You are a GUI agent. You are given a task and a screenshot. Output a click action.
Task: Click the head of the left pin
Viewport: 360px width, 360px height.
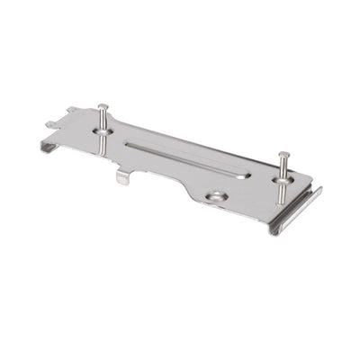pos(103,106)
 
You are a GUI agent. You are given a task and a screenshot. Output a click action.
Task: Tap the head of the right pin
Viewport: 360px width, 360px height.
pos(283,155)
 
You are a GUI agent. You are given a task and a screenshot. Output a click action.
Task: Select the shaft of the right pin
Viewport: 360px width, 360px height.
pos(283,171)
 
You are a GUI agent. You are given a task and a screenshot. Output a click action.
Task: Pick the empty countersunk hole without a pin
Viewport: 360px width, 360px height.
pos(216,195)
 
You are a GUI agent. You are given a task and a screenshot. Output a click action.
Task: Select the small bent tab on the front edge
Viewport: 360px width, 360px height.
pos(123,176)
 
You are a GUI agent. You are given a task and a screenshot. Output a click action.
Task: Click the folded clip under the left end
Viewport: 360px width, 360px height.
pos(49,144)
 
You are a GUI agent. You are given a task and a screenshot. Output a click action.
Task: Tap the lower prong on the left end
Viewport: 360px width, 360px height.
pos(51,124)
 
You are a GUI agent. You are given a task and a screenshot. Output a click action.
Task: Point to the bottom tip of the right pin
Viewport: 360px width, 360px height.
pos(281,202)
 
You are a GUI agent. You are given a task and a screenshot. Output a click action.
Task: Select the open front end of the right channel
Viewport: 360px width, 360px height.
pos(274,229)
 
